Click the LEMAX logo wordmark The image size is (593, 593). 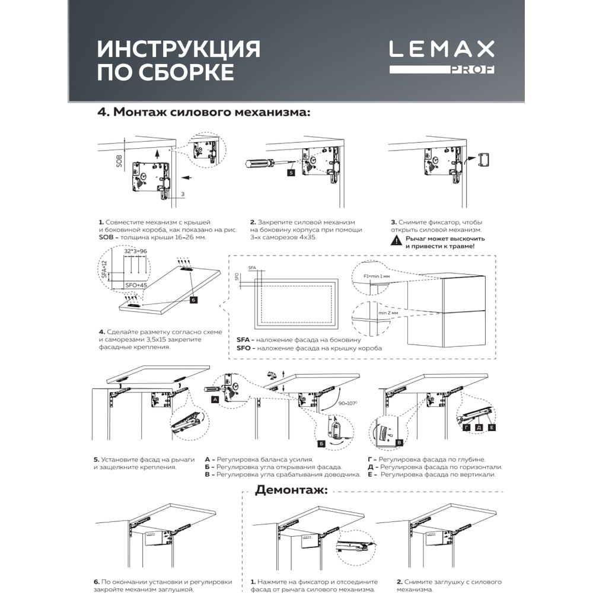pos(442,49)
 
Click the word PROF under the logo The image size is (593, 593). pos(473,69)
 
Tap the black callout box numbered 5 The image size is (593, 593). pos(291,173)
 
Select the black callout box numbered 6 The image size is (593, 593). pos(193,299)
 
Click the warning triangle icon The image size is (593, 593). pos(396,241)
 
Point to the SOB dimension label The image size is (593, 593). pos(119,161)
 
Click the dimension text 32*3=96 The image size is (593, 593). pos(135,251)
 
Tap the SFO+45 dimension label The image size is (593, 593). pos(136,285)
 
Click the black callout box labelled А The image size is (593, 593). pos(215,399)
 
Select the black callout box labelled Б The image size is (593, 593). pos(321,444)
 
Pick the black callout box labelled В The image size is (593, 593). pos(398,442)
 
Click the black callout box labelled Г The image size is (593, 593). pos(467,428)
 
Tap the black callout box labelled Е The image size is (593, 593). pos(492,428)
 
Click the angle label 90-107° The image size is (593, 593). pos(347,403)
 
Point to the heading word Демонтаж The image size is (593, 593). pos(291,490)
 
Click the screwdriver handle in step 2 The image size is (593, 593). pos(260,165)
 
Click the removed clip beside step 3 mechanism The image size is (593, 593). pos(484,160)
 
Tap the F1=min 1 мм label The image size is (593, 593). pos(377,276)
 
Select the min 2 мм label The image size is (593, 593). pos(388,313)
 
